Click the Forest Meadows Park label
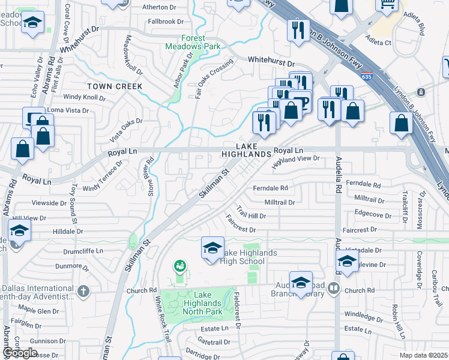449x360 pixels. pos(193,42)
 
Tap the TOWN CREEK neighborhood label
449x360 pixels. pos(114,86)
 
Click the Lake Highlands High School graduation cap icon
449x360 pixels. pos(212,247)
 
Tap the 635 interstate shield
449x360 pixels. pos(366,76)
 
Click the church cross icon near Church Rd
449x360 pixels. pos(83,291)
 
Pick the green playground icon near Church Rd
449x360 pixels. pos(179,265)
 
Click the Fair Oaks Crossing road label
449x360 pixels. pos(214,75)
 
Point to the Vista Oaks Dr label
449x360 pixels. pos(117,130)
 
